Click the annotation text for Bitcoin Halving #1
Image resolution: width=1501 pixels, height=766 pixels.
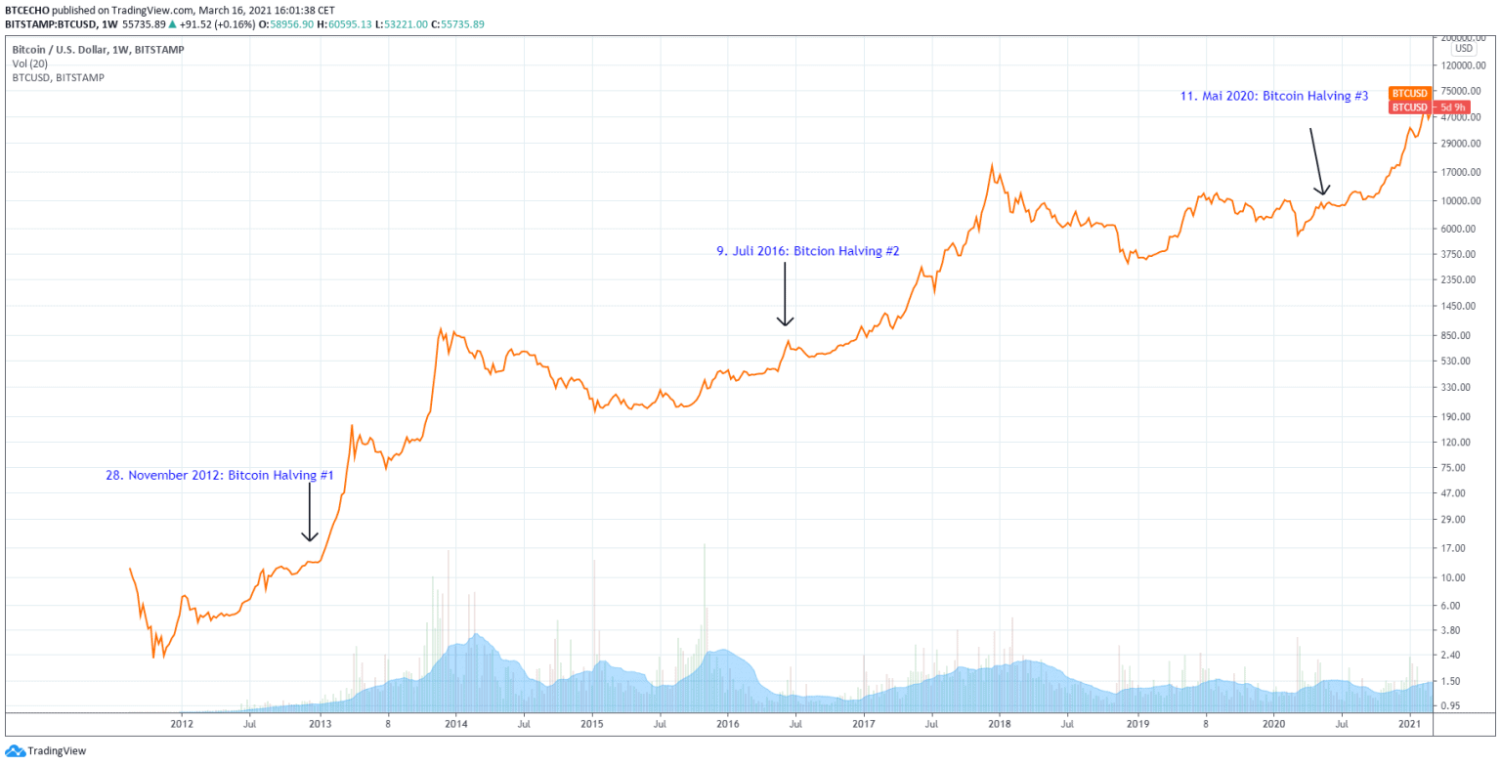point(220,475)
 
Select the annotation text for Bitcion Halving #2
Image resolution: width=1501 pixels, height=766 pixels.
point(807,251)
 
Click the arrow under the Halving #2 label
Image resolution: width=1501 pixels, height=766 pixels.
point(785,292)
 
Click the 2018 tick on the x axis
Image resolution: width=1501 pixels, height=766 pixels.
point(999,724)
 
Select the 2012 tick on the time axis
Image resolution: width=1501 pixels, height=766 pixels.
point(181,724)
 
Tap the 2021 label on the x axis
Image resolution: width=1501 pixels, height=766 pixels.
point(1409,724)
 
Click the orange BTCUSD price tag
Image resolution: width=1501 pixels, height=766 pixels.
point(1409,93)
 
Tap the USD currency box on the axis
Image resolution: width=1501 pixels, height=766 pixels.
point(1463,49)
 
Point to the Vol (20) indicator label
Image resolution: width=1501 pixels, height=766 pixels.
point(28,63)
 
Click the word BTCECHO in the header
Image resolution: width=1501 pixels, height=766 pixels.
point(27,10)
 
